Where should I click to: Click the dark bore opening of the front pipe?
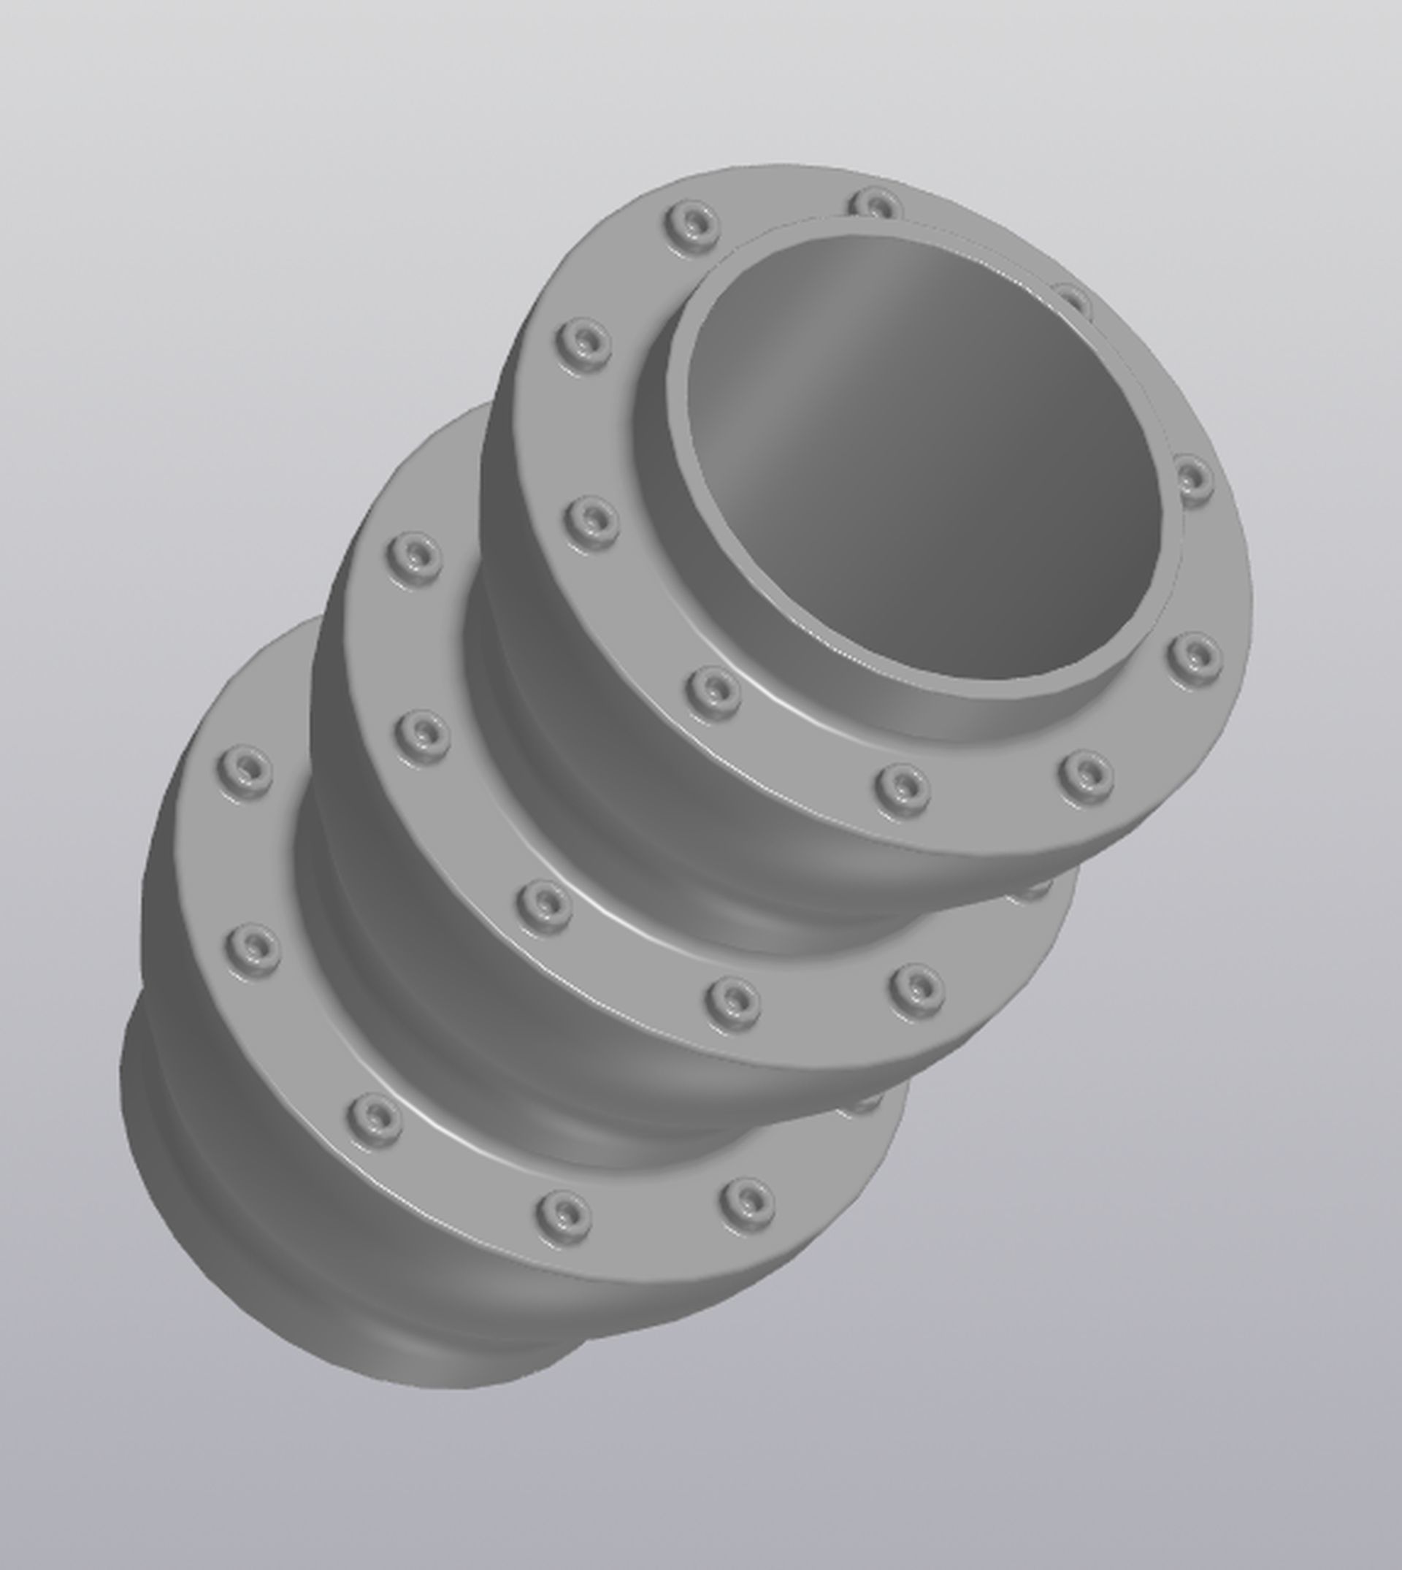(924, 462)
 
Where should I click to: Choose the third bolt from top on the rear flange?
(375, 1117)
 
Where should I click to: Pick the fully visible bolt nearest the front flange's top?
(692, 224)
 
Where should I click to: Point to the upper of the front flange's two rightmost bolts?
(1192, 479)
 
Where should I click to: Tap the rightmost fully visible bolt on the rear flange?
(747, 1201)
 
